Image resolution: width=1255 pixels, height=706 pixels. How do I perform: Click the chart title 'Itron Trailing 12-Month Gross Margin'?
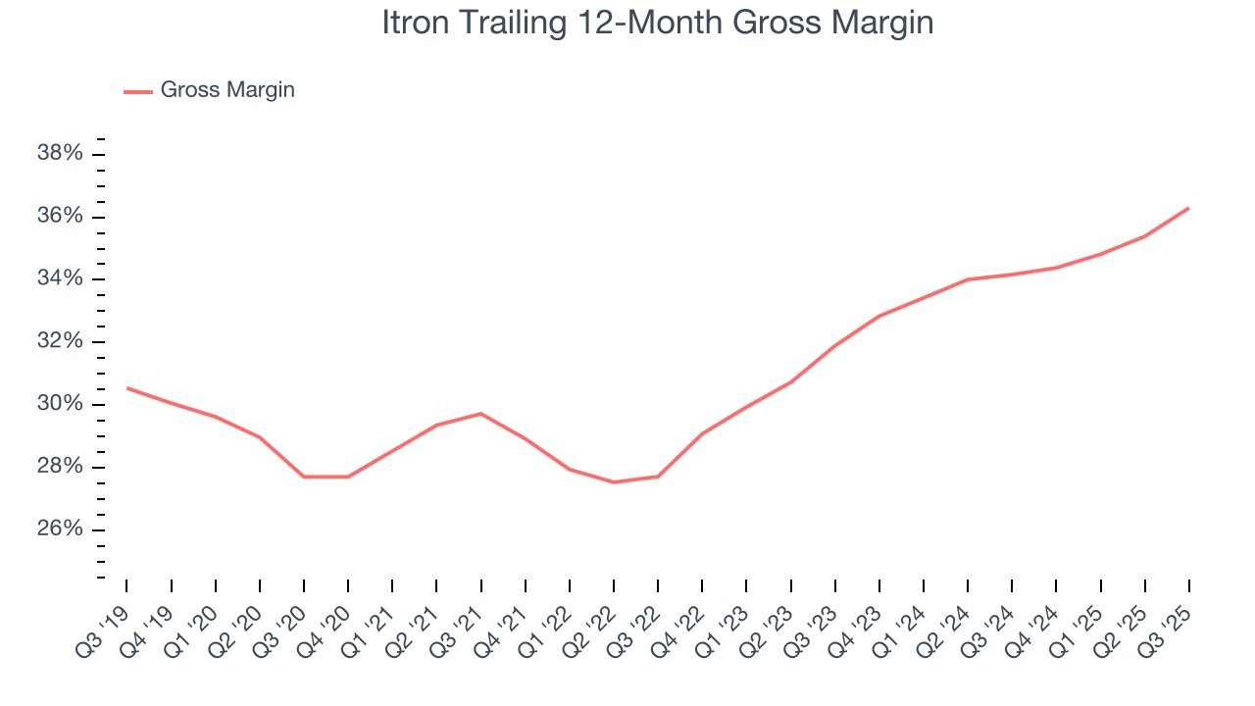(x=657, y=23)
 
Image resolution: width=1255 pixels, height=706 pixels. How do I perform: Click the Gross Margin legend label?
(x=227, y=90)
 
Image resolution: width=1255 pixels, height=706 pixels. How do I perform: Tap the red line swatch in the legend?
(x=138, y=91)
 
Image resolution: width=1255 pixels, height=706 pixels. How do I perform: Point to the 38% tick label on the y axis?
(x=59, y=154)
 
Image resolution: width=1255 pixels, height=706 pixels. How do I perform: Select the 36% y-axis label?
(x=59, y=217)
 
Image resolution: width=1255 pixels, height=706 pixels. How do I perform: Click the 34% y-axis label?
(x=59, y=279)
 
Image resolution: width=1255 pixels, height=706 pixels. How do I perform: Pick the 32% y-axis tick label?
(x=59, y=342)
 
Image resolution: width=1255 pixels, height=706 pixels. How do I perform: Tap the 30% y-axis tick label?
(x=59, y=405)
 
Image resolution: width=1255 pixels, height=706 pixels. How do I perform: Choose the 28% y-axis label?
(x=59, y=468)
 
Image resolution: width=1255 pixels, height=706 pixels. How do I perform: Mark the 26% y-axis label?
(x=59, y=530)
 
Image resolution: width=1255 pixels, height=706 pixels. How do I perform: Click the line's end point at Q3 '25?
(x=1189, y=208)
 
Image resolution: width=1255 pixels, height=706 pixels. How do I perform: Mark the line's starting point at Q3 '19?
(x=127, y=388)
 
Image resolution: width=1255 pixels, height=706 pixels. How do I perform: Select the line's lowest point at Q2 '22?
(x=614, y=482)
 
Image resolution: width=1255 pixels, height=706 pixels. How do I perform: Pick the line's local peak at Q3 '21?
(x=481, y=414)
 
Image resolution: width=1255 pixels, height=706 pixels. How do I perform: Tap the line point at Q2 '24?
(x=968, y=279)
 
